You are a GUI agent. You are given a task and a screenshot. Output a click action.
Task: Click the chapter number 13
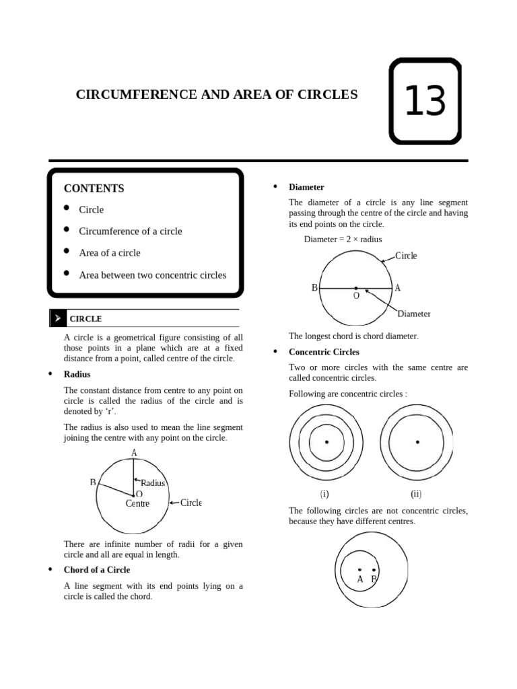425,102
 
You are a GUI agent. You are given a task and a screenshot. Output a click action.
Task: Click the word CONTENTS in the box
94,188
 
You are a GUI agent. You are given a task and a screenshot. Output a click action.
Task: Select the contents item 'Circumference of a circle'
131,231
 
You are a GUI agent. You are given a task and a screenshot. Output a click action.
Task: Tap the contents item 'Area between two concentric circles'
152,275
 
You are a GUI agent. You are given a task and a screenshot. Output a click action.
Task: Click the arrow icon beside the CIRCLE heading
58,318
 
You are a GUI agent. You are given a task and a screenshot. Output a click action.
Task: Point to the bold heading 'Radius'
77,374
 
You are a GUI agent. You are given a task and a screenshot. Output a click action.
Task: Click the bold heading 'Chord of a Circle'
97,570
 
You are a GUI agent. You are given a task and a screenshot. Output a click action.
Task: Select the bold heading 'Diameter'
306,187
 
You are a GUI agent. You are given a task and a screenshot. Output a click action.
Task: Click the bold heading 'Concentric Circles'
324,352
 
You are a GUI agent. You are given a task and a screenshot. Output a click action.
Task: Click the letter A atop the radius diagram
134,453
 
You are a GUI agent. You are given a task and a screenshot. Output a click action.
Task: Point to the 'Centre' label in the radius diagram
137,503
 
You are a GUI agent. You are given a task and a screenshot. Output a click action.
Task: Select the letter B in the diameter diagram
314,288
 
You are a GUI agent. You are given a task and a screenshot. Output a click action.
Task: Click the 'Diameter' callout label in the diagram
413,314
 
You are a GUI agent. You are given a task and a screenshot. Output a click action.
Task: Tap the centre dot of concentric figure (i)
326,442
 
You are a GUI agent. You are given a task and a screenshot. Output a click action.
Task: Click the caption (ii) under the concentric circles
416,494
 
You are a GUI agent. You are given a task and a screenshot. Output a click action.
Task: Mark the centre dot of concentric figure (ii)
417,442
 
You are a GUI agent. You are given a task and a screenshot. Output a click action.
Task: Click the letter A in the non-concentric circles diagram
360,579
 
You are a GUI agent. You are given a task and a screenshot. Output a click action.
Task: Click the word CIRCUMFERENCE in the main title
136,95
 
